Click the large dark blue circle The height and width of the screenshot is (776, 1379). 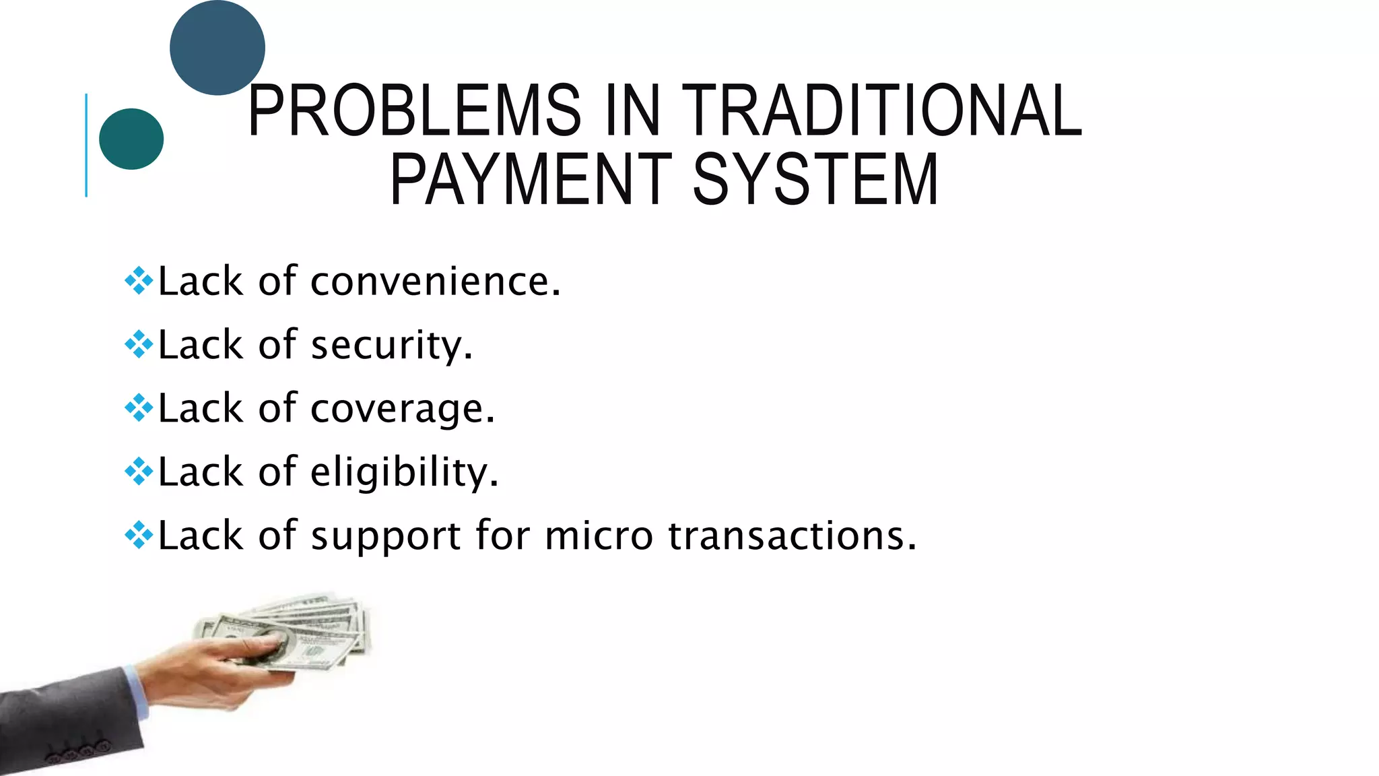tap(217, 47)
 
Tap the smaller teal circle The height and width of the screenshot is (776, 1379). tap(131, 139)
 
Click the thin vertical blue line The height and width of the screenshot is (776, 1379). tap(86, 145)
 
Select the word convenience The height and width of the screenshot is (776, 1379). tap(435, 282)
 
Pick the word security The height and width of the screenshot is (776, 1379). tap(391, 346)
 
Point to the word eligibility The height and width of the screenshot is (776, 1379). tap(404, 472)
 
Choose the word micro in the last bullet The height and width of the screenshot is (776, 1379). tap(599, 536)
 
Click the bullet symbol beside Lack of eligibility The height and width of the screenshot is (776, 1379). tap(139, 472)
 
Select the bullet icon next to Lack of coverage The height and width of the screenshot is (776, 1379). tap(139, 408)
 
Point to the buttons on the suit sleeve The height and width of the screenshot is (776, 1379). tap(79, 750)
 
